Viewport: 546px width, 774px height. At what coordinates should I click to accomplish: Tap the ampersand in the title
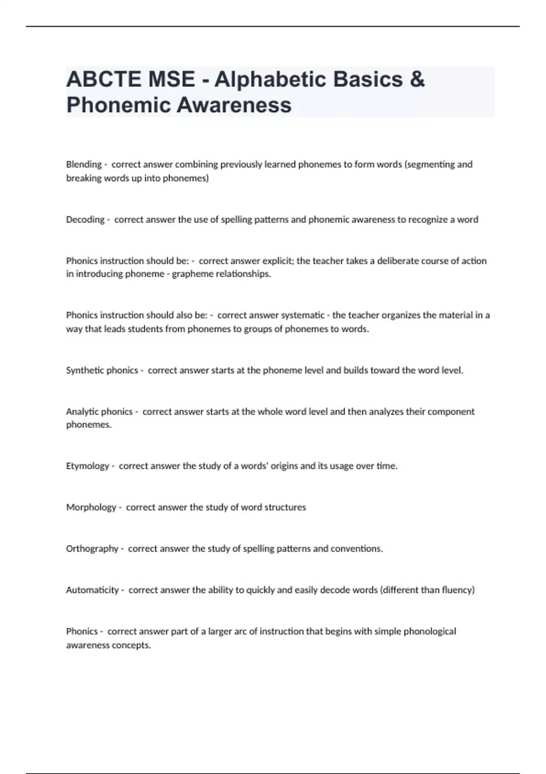417,79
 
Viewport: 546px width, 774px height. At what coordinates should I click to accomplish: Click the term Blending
84,164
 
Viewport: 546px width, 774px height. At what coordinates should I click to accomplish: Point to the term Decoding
85,219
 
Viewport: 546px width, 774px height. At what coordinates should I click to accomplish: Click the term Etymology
87,466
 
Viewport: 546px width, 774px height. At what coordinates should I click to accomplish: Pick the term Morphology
91,507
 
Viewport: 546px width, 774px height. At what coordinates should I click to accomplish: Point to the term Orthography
92,549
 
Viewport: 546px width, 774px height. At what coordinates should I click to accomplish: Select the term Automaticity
92,590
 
